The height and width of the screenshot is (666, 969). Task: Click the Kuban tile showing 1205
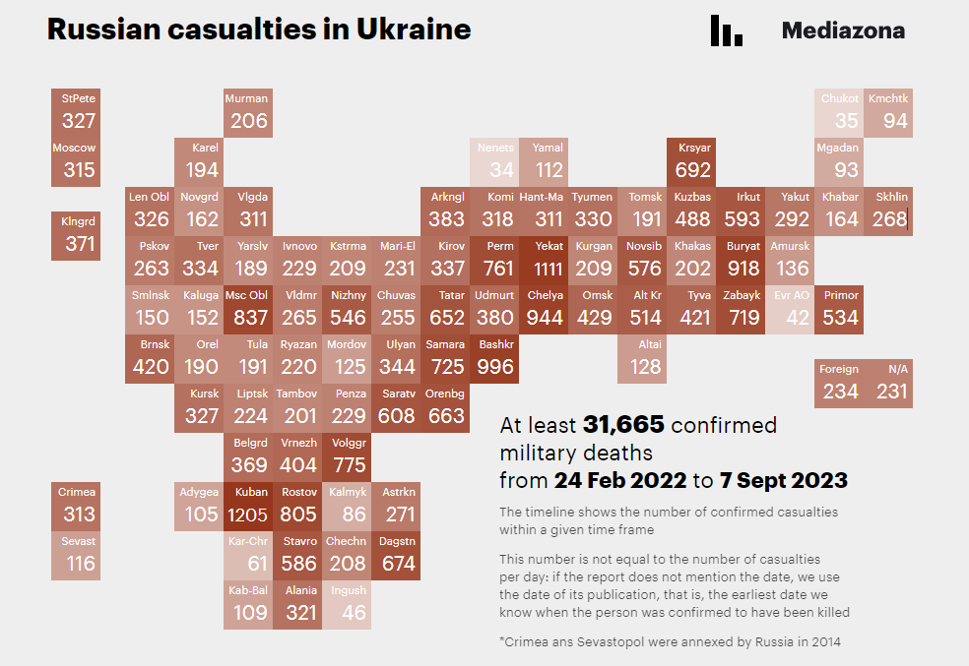click(248, 506)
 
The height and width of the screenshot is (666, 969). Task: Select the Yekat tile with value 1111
click(544, 260)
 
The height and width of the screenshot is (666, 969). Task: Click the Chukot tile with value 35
click(839, 112)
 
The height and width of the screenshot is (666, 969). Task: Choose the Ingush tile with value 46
click(348, 604)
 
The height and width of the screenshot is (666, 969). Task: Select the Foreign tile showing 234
click(839, 383)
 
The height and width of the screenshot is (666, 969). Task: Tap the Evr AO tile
click(790, 309)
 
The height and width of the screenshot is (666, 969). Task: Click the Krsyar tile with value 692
click(692, 161)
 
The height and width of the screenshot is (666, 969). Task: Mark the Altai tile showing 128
click(643, 358)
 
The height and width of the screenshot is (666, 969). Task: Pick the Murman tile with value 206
click(248, 112)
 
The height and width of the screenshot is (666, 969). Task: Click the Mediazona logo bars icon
click(726, 30)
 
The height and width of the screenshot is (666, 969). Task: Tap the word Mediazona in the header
click(843, 30)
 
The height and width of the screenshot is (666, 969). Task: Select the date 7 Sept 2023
click(784, 481)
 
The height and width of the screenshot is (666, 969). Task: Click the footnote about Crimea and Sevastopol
click(670, 642)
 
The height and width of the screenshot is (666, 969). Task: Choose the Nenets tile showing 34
click(495, 161)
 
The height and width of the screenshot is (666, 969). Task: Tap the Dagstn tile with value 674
click(397, 555)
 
